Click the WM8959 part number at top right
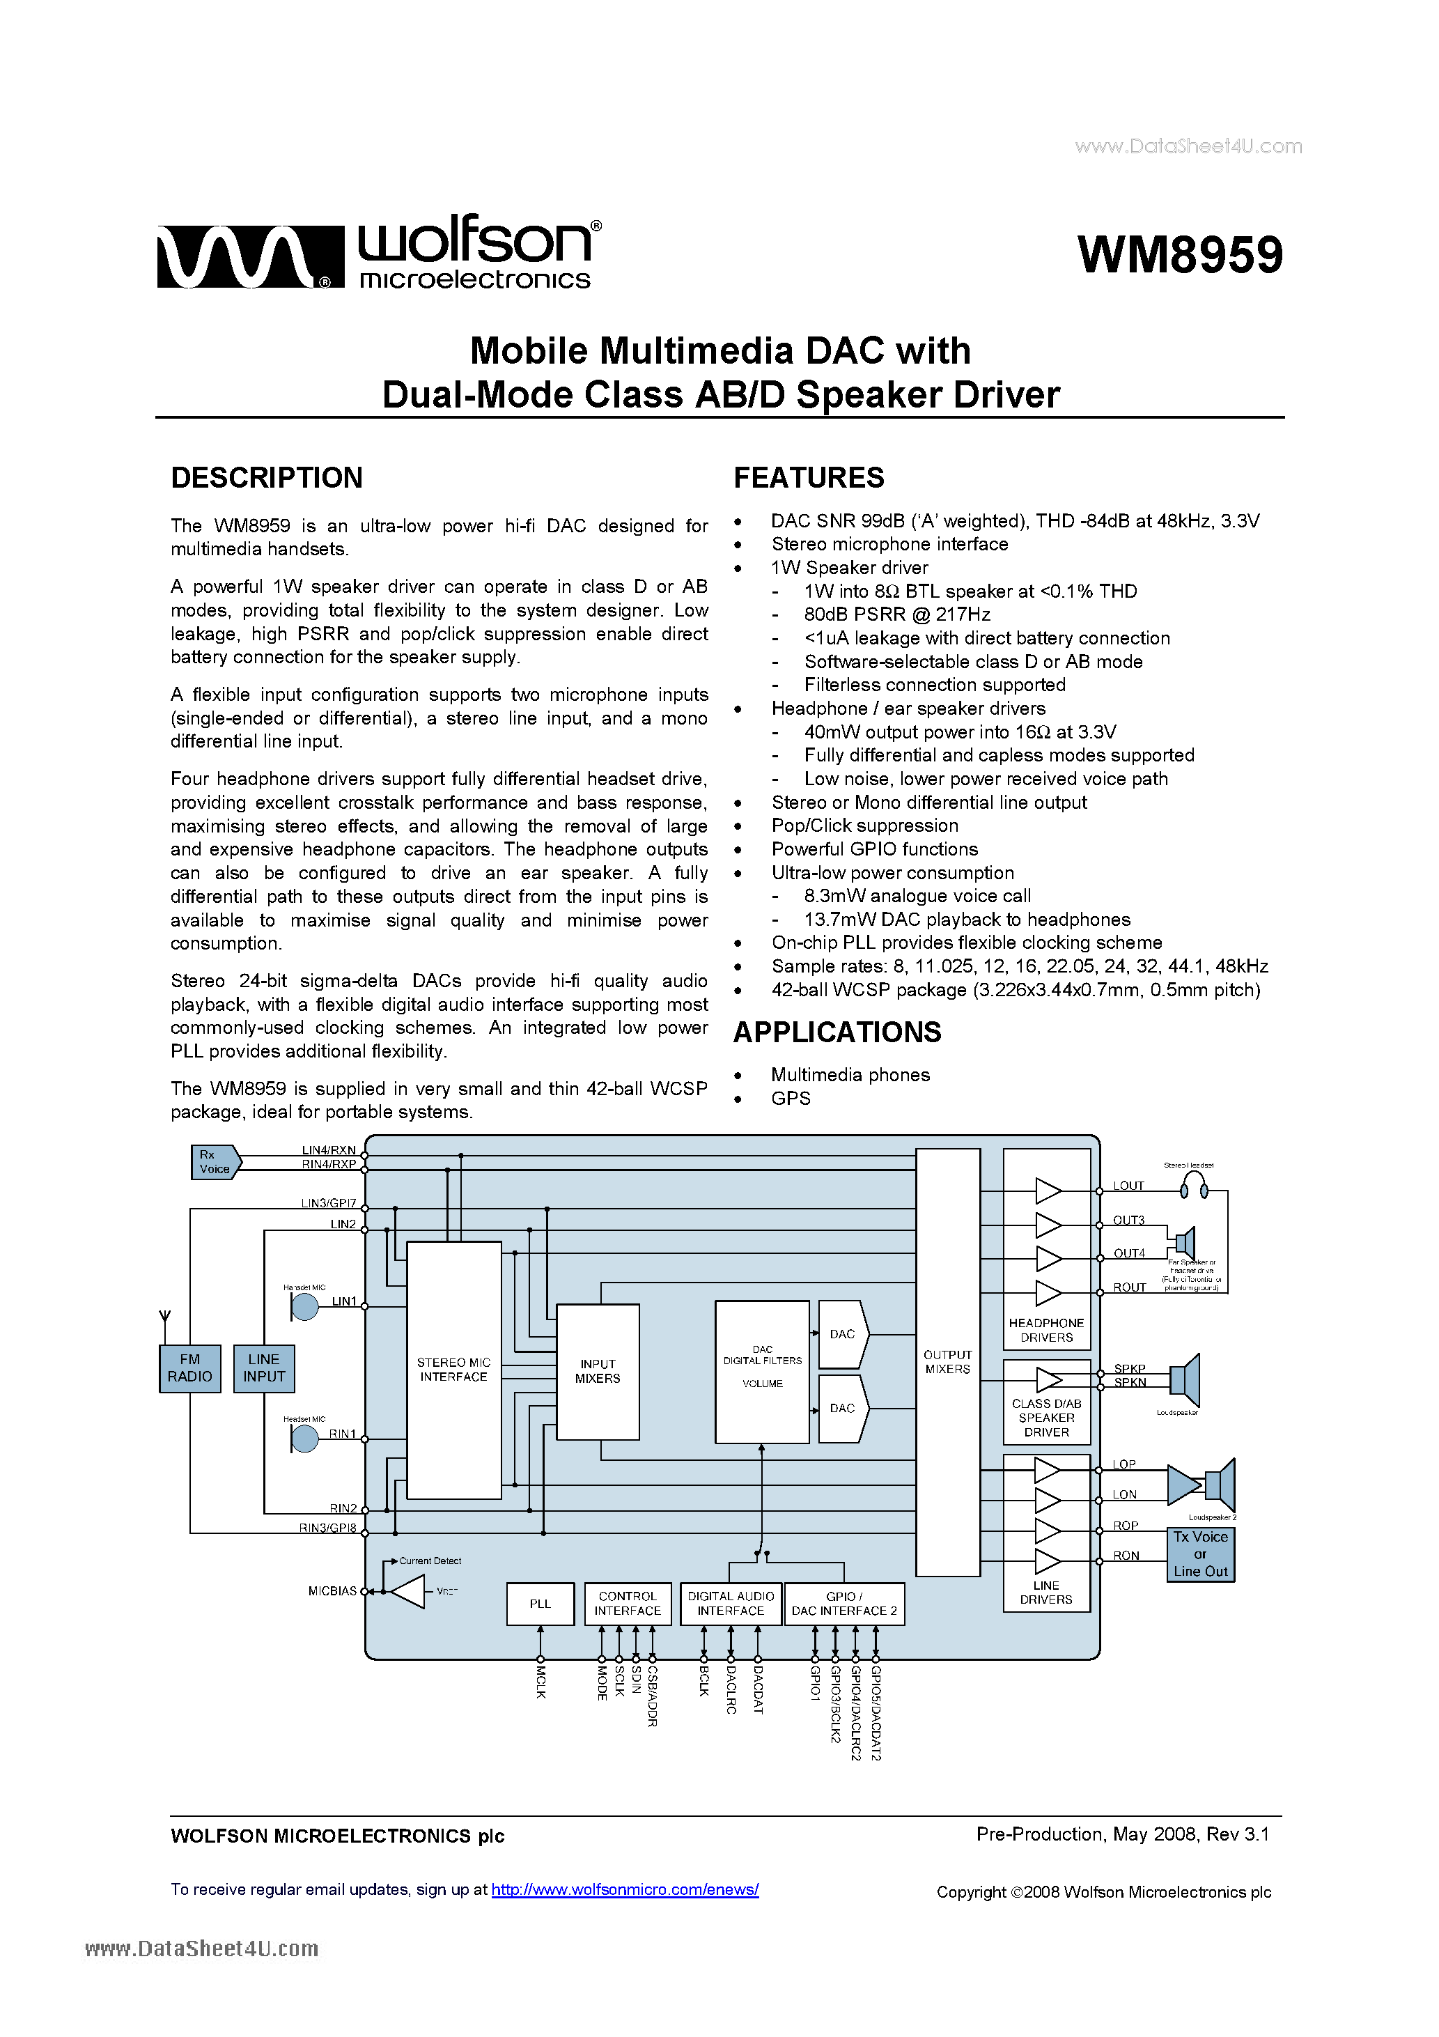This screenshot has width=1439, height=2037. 1179,255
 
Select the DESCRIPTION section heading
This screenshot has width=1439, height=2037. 266,477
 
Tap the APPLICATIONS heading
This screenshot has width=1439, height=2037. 837,1032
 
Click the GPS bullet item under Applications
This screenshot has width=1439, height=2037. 791,1099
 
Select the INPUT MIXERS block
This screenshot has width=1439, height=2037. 597,1371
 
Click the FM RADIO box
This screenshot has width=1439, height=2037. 190,1368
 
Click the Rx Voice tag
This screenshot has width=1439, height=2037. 215,1161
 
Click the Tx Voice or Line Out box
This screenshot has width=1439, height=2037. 1199,1554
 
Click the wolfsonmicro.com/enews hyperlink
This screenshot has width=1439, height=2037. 625,1890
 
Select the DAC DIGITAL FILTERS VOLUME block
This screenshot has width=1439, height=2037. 762,1371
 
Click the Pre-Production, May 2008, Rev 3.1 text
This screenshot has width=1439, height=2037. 1121,1834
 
